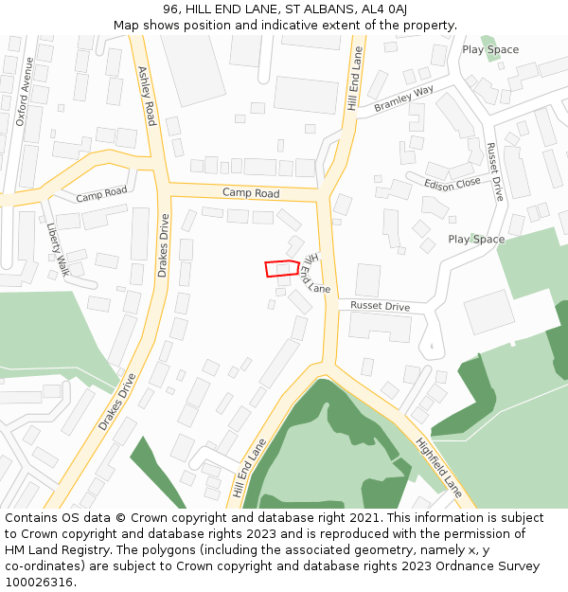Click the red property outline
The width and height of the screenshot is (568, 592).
[x=282, y=268]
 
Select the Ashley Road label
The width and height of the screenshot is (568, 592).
[x=147, y=96]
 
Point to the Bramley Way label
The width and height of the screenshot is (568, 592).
[x=403, y=99]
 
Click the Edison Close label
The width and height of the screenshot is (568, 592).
[x=453, y=184]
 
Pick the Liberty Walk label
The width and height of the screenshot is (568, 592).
[x=58, y=249]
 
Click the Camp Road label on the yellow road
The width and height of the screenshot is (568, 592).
[x=251, y=193]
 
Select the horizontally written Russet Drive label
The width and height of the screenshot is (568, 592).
[x=380, y=306]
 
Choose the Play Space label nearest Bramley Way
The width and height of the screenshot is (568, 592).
[x=490, y=49]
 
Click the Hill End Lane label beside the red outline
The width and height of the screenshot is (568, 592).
[x=317, y=273]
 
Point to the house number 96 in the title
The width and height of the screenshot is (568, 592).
[x=170, y=9]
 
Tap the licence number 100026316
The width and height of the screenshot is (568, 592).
[x=39, y=583]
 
